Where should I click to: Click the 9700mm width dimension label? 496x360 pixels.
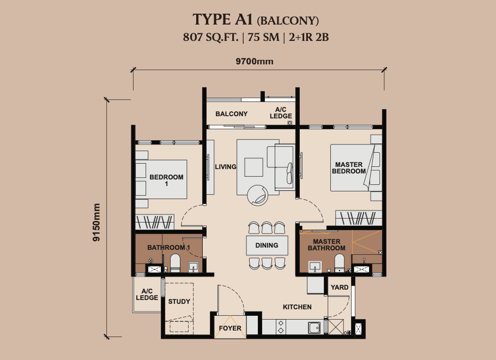[x=255, y=62]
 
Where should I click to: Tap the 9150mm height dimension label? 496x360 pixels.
[x=96, y=222]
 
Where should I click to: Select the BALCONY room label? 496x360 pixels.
[x=232, y=113]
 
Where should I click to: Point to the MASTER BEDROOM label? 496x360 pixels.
[x=349, y=168]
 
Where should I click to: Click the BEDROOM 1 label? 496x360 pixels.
[x=166, y=180]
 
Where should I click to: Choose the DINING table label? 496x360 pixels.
[x=267, y=245]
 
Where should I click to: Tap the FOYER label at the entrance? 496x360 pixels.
[x=230, y=328]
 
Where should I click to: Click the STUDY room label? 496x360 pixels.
[x=179, y=302]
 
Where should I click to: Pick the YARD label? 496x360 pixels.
[x=340, y=287]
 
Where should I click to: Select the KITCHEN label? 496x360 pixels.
[x=297, y=307]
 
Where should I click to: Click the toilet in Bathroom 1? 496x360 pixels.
[x=175, y=263]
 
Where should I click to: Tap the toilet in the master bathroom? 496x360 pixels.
[x=339, y=263]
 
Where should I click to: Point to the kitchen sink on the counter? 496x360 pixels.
[x=314, y=327]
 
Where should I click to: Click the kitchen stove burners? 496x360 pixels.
[x=281, y=327]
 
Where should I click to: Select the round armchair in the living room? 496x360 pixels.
[x=257, y=195]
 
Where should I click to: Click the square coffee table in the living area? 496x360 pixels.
[x=253, y=167]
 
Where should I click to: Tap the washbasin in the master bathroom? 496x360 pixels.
[x=315, y=267]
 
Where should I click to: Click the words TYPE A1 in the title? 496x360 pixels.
[x=223, y=19]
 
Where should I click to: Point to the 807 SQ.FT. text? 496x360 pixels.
[x=211, y=37]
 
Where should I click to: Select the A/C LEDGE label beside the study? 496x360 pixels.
[x=147, y=295]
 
